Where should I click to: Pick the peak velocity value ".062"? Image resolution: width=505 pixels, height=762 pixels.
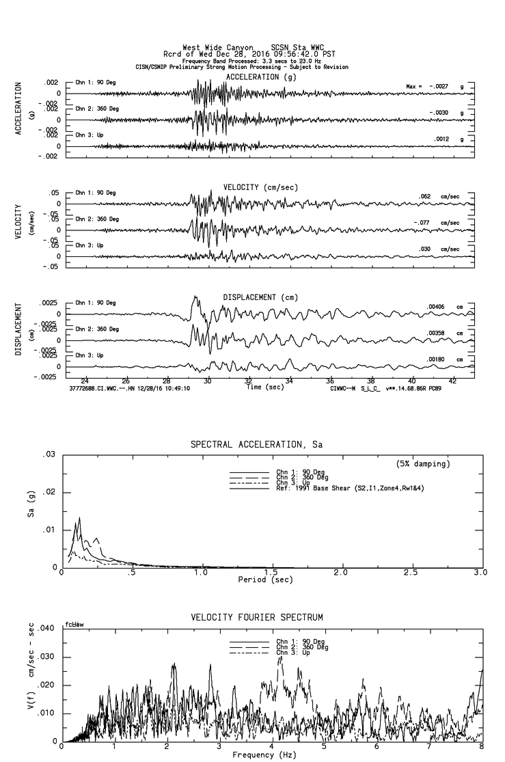tap(425, 197)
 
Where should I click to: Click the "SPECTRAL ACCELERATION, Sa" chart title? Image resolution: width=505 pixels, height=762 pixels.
tap(256, 444)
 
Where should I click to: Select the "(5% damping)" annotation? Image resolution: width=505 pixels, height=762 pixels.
tap(423, 464)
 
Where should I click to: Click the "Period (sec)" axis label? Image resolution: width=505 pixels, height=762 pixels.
tap(264, 580)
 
